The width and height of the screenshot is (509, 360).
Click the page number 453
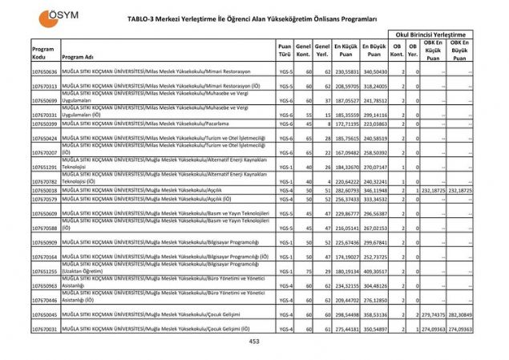click(x=254, y=342)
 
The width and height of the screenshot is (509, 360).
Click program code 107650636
click(x=45, y=71)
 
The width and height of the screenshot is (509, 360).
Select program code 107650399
click(x=45, y=124)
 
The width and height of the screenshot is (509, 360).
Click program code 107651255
click(x=45, y=271)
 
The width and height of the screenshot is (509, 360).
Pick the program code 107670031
click(x=45, y=330)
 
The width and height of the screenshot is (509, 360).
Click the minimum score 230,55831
click(x=346, y=71)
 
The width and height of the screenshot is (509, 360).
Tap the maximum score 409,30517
click(x=374, y=271)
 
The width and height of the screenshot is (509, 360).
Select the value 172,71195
click(x=346, y=124)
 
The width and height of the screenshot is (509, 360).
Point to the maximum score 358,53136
click(x=374, y=315)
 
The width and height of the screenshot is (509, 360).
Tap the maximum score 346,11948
click(x=374, y=190)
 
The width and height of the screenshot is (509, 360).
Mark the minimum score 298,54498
click(x=346, y=315)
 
